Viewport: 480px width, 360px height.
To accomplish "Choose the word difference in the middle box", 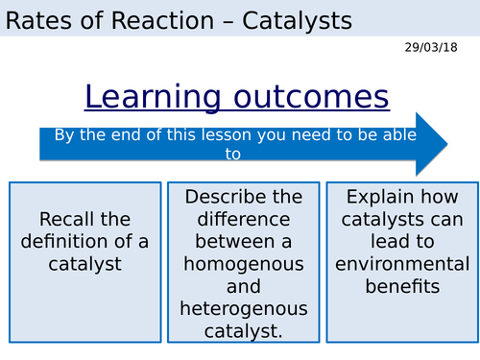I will pos(244,219).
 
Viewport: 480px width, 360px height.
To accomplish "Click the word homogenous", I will pos(244,263).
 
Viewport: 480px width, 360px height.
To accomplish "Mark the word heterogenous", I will pos(244,308).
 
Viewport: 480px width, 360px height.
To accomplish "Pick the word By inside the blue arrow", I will pos(64,135).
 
